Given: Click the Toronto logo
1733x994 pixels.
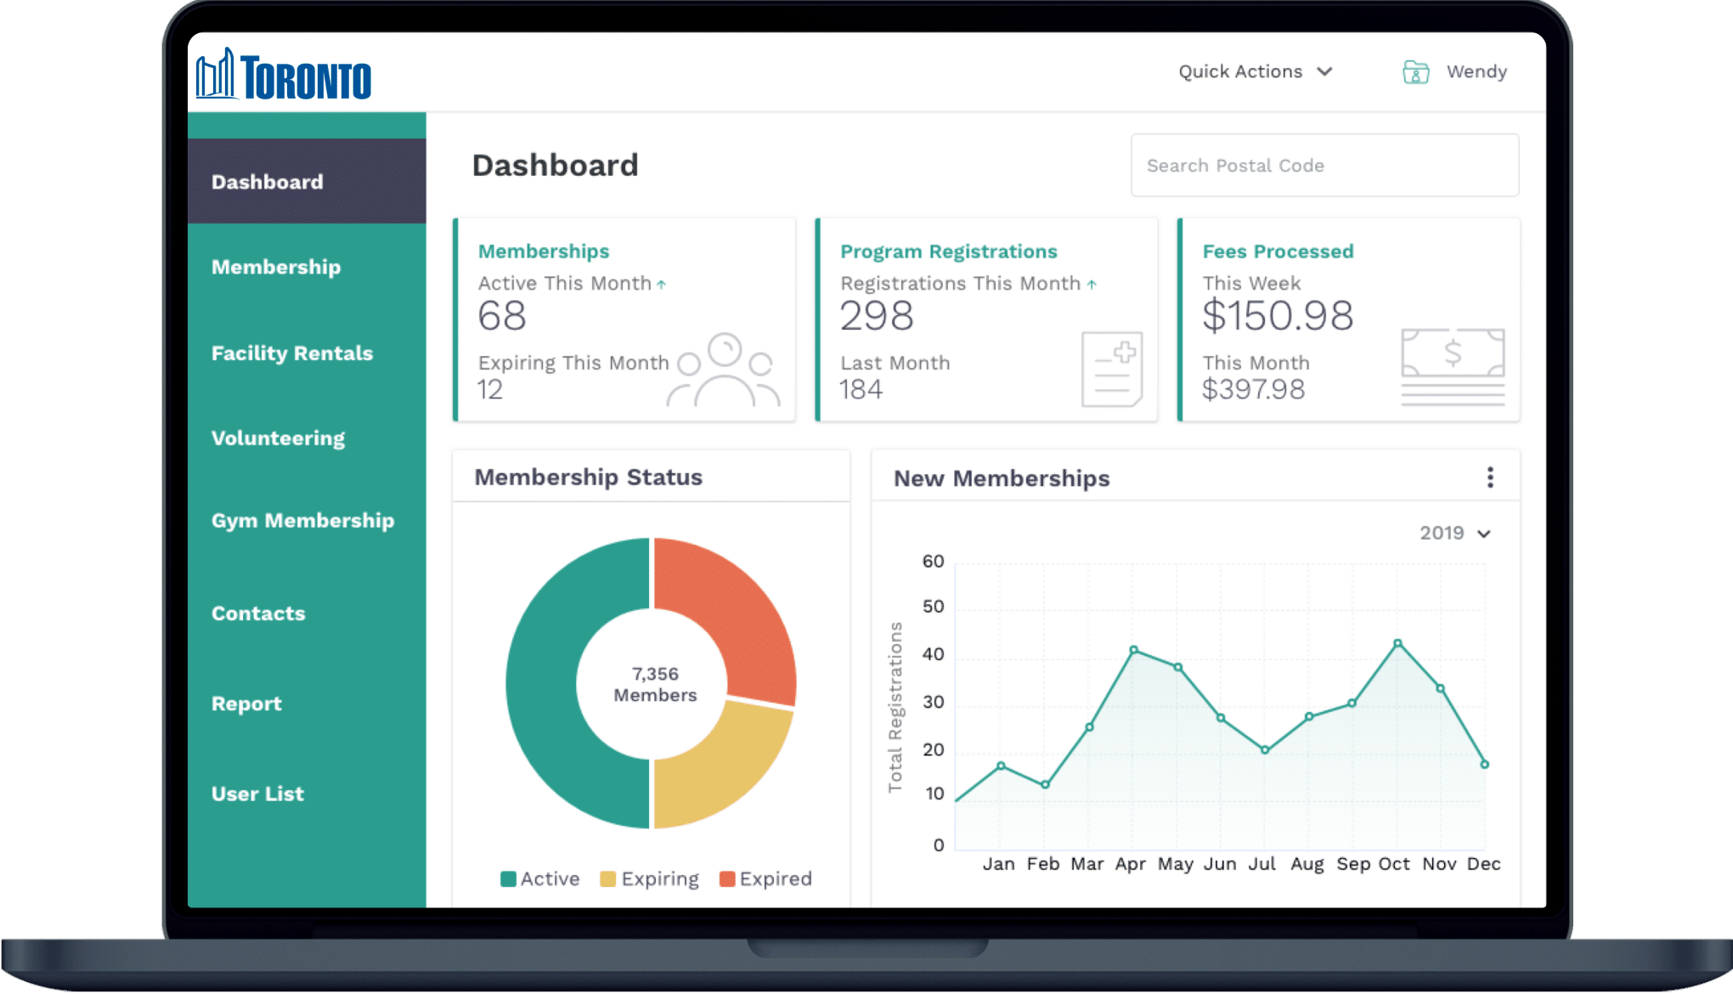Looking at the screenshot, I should [x=284, y=75].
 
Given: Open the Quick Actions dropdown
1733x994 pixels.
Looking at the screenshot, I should [x=1255, y=72].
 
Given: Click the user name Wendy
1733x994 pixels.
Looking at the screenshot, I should [x=1476, y=72].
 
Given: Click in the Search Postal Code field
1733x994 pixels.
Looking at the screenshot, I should [x=1324, y=166].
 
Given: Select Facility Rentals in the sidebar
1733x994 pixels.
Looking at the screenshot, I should [x=291, y=353].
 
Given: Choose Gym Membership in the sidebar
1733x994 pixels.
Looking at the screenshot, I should [x=302, y=521].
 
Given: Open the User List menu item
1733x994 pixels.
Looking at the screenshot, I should [x=257, y=794].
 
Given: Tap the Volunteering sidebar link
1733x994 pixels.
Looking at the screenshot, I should [x=278, y=438].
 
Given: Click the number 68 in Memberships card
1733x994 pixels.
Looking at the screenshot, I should [x=502, y=317].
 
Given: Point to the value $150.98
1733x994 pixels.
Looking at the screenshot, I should [x=1277, y=317].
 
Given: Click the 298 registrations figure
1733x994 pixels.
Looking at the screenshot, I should [x=877, y=317].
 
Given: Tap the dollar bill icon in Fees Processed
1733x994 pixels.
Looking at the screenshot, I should [x=1453, y=353].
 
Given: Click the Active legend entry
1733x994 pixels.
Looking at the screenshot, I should [x=540, y=879].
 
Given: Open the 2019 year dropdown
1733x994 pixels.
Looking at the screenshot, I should [x=1454, y=534].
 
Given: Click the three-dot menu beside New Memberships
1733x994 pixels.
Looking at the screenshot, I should [x=1490, y=477].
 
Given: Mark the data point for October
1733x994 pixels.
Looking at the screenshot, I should [x=1397, y=643].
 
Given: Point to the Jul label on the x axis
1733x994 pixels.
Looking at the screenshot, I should [x=1262, y=864].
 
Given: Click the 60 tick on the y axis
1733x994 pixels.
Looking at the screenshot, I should [x=933, y=562].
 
